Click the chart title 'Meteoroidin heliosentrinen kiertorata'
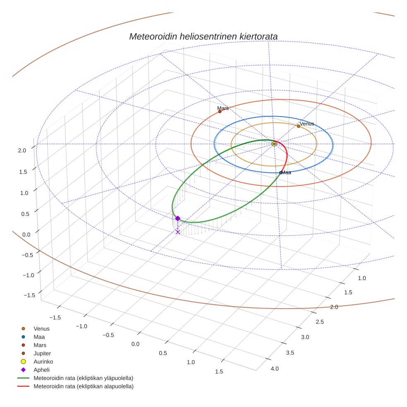203,36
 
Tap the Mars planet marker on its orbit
220,112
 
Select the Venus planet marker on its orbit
298,126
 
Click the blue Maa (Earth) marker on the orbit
281,172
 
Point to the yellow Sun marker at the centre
274,144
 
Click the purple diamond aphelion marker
177,218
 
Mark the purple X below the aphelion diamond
178,232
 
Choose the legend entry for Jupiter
42,353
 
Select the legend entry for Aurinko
43,362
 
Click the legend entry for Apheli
41,370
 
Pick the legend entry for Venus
41,328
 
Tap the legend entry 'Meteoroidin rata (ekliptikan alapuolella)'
84,386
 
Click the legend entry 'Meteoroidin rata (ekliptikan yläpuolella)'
84,378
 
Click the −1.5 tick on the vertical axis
29,295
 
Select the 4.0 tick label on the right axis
275,369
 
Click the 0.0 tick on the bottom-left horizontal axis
135,344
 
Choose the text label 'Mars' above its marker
223,108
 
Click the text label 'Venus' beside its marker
307,124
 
